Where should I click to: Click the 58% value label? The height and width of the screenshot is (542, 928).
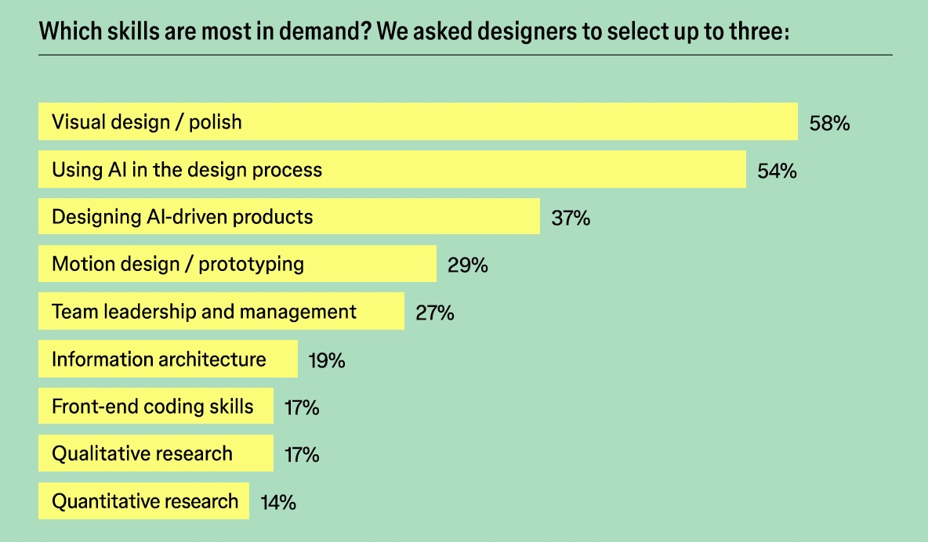[830, 123]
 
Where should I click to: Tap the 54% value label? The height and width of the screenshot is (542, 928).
[777, 171]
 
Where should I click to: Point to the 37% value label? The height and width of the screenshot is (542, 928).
[571, 218]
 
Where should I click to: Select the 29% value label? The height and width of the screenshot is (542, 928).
[468, 265]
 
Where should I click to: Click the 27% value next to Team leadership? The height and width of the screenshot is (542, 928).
[435, 313]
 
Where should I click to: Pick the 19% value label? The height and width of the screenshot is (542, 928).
[327, 360]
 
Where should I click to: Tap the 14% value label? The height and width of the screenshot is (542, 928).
[278, 502]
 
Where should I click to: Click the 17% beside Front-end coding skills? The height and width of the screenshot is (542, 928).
[302, 407]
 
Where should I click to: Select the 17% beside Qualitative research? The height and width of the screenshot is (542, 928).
[302, 454]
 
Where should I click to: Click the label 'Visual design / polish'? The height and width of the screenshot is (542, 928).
[147, 122]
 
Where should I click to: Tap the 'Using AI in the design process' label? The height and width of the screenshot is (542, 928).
[187, 169]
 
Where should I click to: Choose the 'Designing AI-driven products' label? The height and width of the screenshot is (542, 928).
[182, 216]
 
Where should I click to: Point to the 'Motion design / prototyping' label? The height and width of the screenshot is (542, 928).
[177, 263]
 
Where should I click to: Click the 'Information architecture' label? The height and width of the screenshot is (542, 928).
[158, 360]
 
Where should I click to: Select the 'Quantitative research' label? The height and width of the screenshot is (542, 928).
[144, 500]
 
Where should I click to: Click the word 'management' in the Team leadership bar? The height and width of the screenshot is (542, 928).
[298, 312]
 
